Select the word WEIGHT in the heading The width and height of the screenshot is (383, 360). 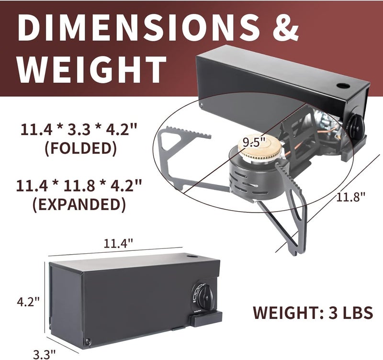(92, 69)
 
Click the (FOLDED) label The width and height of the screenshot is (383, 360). (80, 148)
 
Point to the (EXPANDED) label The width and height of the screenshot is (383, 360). (79, 204)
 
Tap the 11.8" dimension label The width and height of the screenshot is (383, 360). (351, 197)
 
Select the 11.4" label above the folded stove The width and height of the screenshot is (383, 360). (118, 243)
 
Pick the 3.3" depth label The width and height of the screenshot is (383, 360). (45, 354)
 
